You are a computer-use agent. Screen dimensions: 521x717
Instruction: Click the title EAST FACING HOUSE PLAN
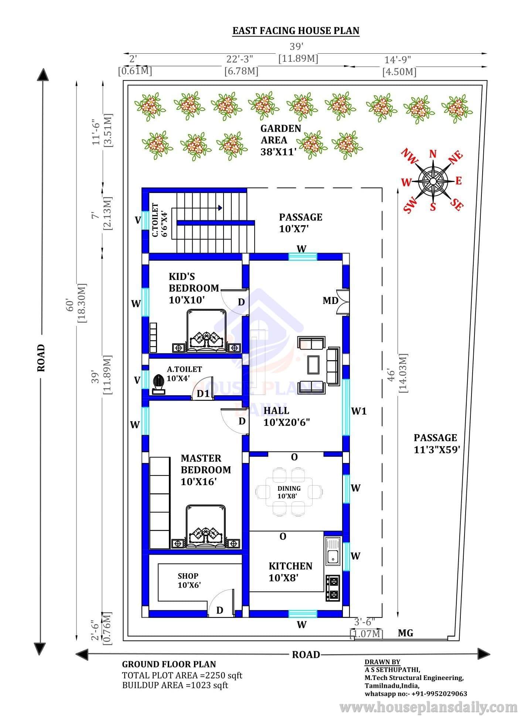[x=296, y=31]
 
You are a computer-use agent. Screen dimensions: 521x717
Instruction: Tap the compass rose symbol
[x=432, y=181]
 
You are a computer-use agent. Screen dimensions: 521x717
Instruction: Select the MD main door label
[x=330, y=301]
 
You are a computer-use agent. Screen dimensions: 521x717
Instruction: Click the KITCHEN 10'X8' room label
[x=290, y=572]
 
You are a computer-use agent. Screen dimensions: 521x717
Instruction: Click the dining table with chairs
[x=289, y=492]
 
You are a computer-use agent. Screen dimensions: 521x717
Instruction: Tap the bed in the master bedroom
[x=206, y=526]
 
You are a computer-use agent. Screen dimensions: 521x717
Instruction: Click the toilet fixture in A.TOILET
[x=159, y=385]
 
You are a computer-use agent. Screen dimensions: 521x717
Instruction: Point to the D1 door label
[x=203, y=393]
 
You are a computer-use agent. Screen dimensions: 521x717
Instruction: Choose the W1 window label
[x=359, y=411]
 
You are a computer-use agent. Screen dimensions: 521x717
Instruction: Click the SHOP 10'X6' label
[x=189, y=580]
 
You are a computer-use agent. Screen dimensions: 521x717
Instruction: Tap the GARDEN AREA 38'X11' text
[x=280, y=140]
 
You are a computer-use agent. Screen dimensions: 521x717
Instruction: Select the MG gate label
[x=405, y=633]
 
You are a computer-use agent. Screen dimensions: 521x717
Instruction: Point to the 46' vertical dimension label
[x=391, y=374]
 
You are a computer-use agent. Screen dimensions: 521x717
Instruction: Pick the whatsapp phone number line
[x=416, y=694]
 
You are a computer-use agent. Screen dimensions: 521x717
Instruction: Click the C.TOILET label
[x=156, y=220]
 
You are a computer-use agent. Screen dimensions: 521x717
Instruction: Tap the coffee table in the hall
[x=313, y=365]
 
